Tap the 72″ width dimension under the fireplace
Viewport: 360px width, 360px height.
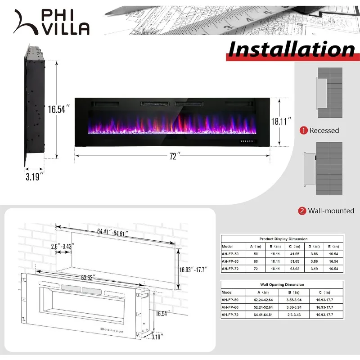pos(174,156)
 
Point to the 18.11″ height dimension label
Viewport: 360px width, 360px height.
pos(284,121)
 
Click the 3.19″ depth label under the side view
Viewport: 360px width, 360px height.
pos(35,176)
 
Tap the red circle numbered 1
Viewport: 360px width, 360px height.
pos(304,130)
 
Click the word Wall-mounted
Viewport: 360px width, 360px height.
pos(332,211)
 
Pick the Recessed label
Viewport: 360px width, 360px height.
pos(324,130)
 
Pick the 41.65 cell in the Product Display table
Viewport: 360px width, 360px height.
pos(296,254)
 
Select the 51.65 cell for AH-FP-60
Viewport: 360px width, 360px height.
pos(296,261)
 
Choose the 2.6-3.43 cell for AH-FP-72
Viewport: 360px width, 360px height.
pos(295,315)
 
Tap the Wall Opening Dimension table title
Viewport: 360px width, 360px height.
pos(282,284)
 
